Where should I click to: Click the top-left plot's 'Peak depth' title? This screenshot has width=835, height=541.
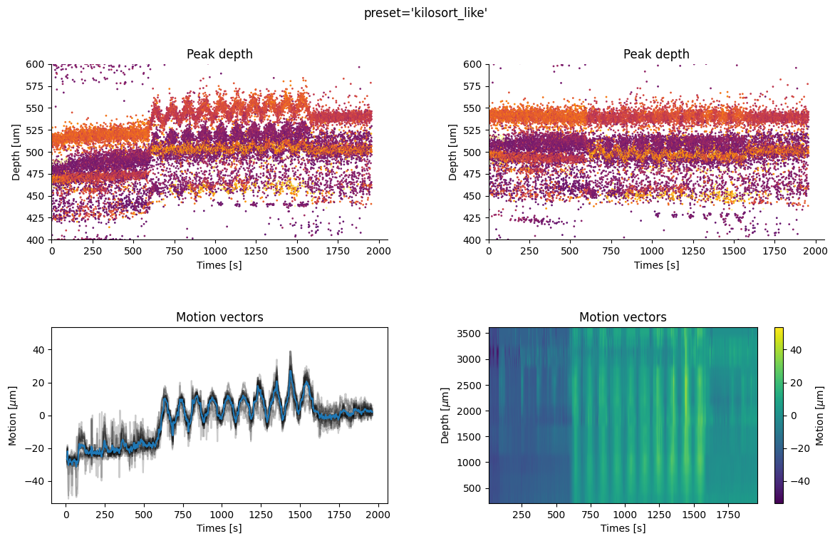[219, 54]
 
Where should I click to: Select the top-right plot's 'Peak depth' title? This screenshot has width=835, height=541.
[656, 54]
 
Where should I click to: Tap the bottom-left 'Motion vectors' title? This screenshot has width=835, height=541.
[219, 317]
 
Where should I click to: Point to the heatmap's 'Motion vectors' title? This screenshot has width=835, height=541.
[623, 317]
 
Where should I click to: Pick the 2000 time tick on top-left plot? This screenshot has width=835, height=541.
[378, 250]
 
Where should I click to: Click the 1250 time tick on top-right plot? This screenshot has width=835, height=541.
[734, 250]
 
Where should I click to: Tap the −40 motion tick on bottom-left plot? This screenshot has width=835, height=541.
[36, 481]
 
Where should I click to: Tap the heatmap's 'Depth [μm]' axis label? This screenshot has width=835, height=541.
[445, 415]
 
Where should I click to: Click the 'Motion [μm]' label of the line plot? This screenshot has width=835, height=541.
[12, 415]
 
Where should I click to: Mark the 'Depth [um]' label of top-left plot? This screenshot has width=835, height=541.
[15, 152]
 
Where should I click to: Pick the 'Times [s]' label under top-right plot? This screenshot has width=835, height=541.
[656, 264]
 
